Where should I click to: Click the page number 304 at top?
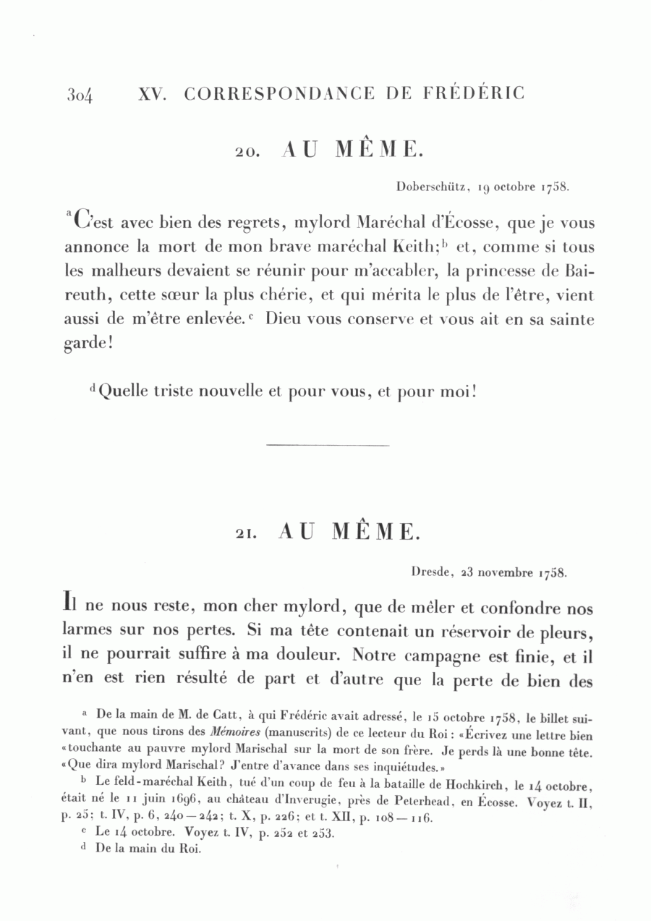coord(82,95)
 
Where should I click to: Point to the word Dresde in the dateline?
coord(432,572)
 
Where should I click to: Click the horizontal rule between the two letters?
coord(328,445)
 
